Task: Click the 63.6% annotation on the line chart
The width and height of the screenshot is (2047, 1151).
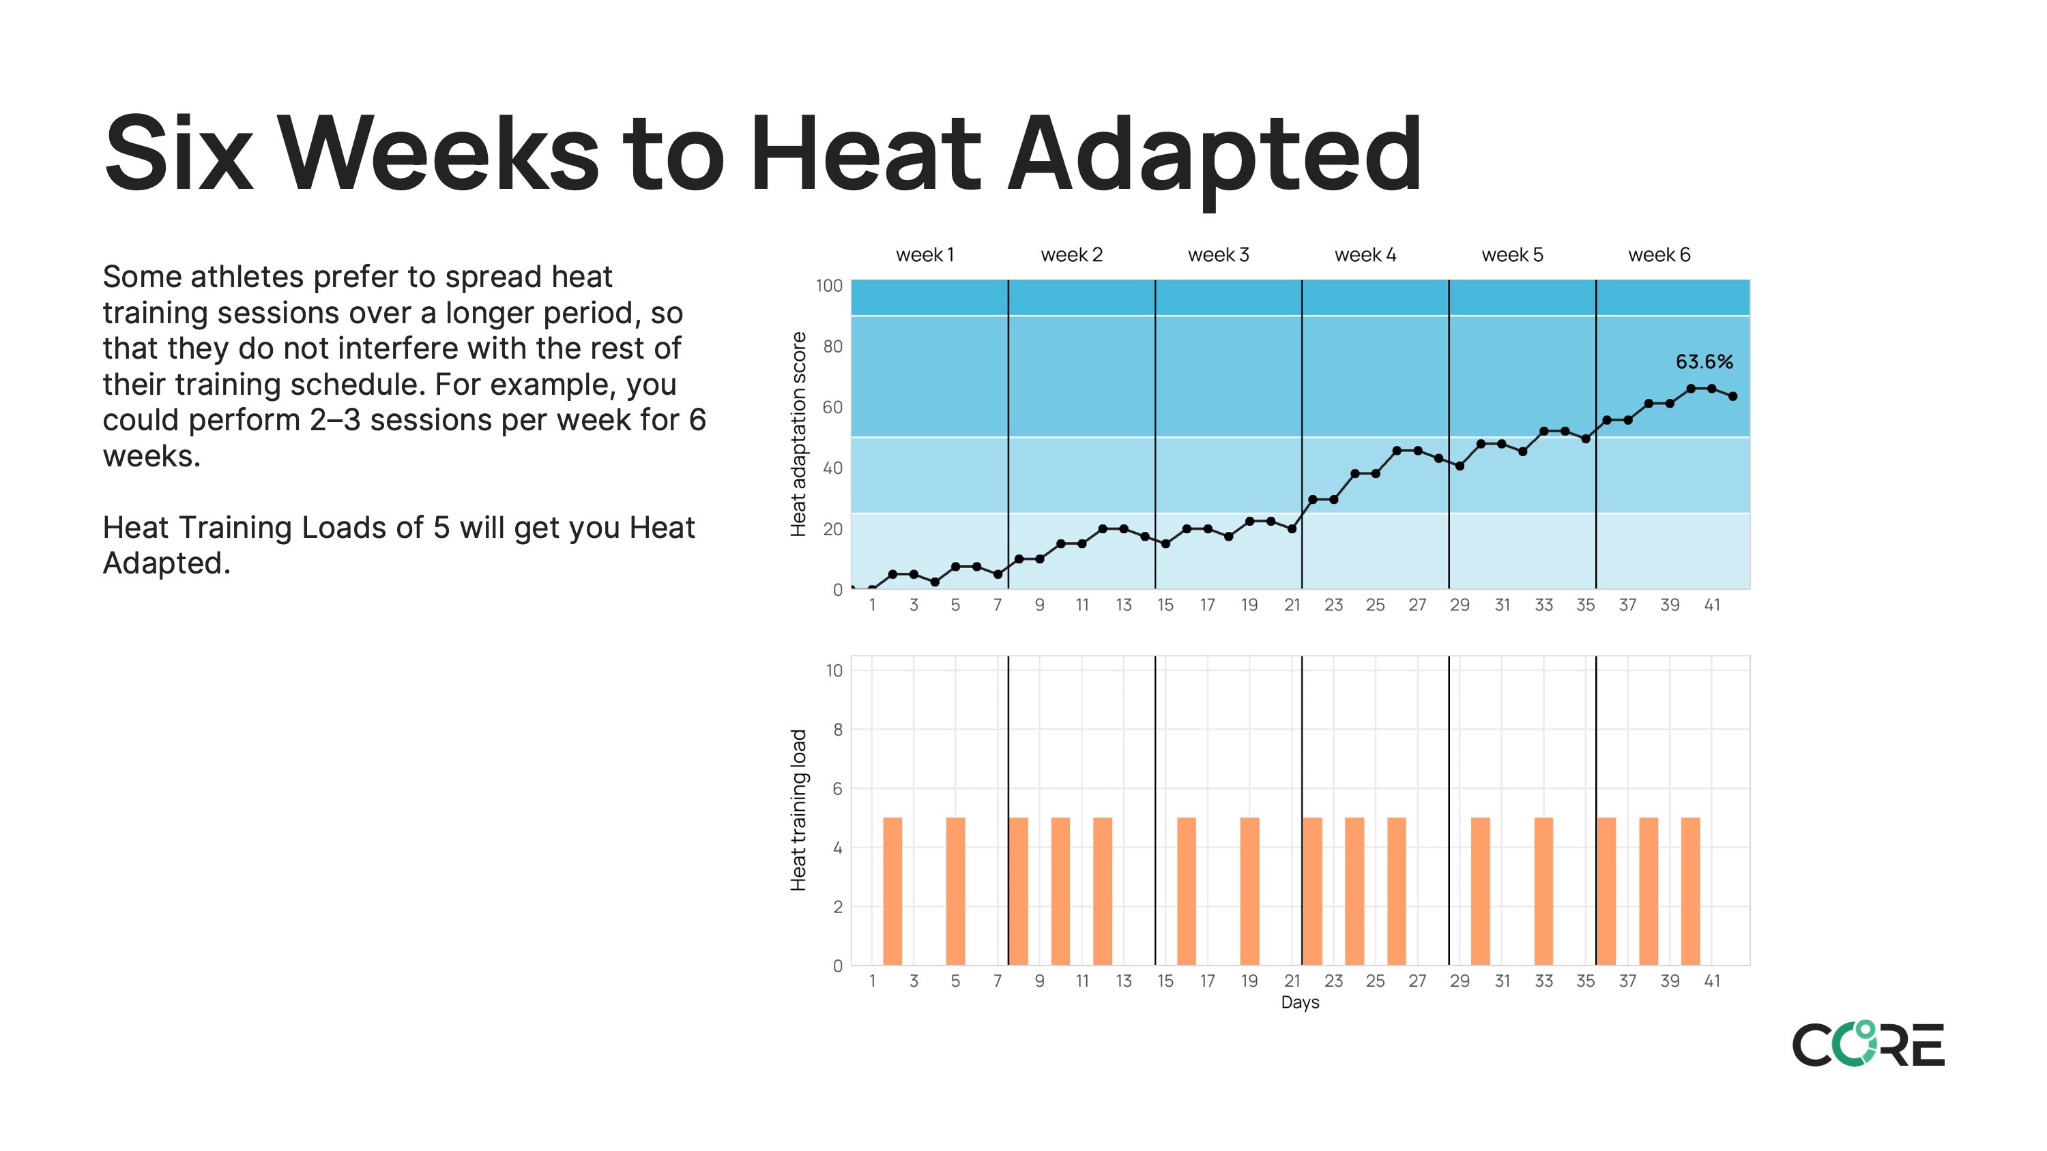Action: click(1704, 362)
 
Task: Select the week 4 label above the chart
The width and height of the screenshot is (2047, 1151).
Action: click(1365, 255)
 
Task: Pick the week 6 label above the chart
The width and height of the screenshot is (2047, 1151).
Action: click(1659, 255)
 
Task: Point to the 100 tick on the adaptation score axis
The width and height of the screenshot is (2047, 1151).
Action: click(829, 286)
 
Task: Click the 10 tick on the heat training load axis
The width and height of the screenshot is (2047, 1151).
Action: click(834, 670)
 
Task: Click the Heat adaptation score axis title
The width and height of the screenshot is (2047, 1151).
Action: click(798, 434)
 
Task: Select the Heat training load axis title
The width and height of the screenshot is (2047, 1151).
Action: click(798, 810)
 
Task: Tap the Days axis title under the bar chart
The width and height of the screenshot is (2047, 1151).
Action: click(1299, 1002)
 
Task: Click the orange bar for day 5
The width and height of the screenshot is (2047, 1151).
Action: click(955, 891)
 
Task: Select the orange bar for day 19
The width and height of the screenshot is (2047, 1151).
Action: click(1249, 891)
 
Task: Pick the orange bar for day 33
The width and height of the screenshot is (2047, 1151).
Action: click(1543, 891)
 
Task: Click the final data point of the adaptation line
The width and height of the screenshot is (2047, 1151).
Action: click(1732, 396)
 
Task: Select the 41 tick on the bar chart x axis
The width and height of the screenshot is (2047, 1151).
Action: click(1712, 981)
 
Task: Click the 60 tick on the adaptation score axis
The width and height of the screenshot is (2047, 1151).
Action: click(832, 408)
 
